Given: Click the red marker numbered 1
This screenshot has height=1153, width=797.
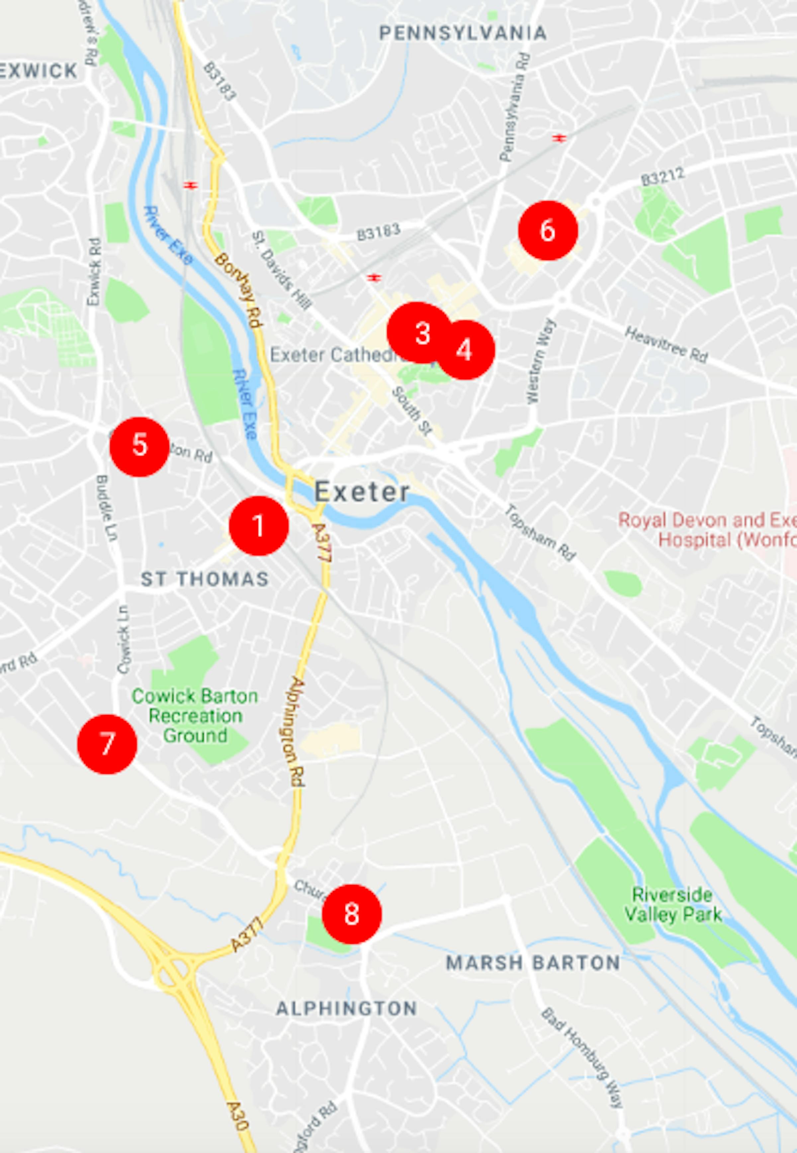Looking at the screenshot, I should coord(259,525).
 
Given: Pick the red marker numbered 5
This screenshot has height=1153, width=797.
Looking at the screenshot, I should coord(139,446).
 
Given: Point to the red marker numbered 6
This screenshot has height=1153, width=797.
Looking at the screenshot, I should coord(548,230).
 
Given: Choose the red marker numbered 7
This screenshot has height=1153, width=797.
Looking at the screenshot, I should coord(107,744).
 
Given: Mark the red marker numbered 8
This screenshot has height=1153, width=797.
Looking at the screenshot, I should coord(352,914).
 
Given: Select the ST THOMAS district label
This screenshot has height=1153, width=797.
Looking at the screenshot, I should coord(205,579).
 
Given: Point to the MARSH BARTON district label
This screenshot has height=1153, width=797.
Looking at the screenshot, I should coord(533,963).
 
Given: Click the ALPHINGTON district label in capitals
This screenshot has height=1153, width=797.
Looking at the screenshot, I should coord(346,1008).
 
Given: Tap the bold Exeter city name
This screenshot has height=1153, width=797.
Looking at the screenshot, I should coord(362,491).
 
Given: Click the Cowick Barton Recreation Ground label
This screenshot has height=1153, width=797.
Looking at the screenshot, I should coord(195,716).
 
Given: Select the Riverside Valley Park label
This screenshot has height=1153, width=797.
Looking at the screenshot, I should coord(673,904).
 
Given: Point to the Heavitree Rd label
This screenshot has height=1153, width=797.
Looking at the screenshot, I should coord(666,345).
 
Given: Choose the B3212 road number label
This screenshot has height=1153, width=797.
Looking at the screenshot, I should coord(662,177).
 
